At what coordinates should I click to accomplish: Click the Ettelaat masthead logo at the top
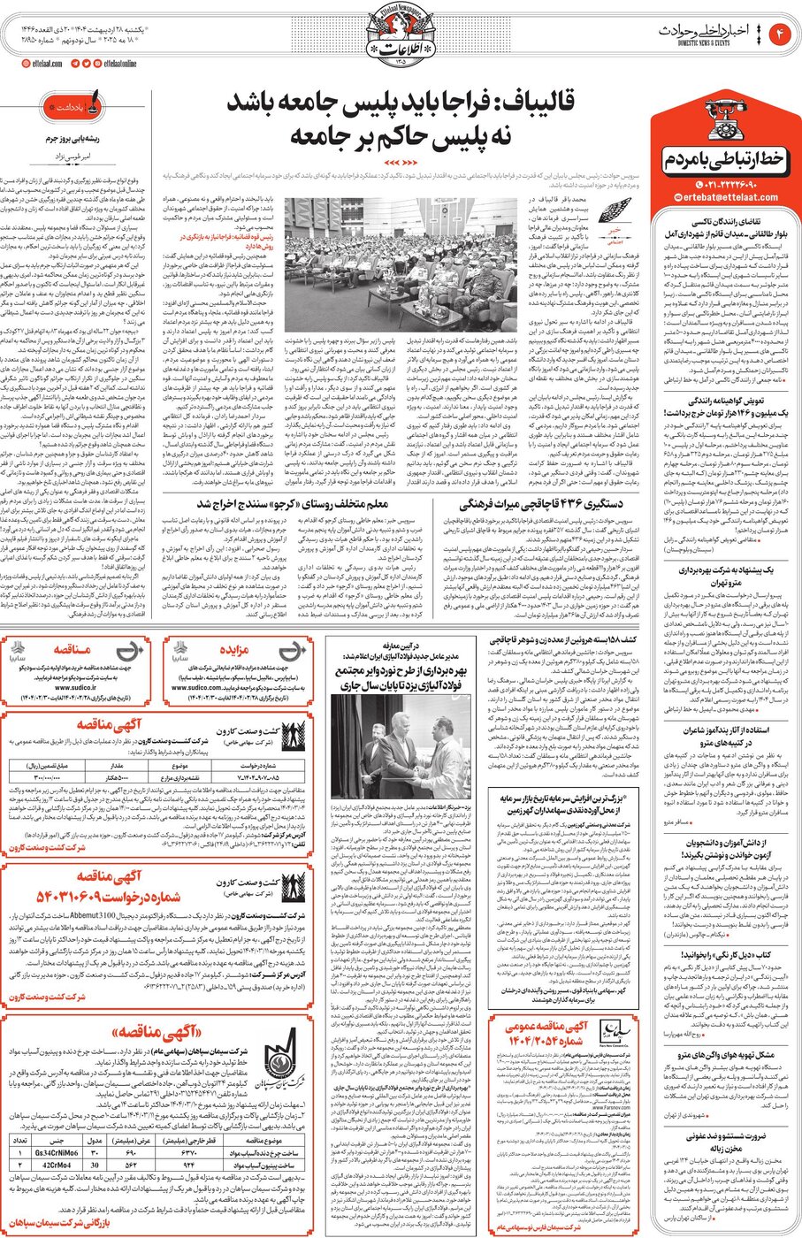(x=401, y=40)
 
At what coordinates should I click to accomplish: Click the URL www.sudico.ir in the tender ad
(x=75, y=686)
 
